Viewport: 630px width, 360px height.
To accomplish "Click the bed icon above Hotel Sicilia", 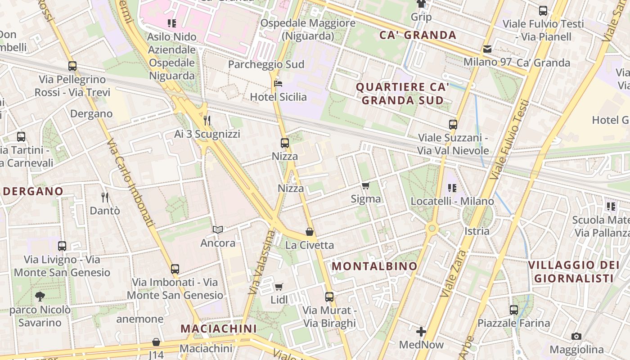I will (278, 84).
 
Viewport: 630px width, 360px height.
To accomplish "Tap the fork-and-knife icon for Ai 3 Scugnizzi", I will (207, 121).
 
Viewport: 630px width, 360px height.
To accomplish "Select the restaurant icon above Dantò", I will (105, 197).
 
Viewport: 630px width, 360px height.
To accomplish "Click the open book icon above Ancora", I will (218, 230).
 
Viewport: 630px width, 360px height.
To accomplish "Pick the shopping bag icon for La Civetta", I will (310, 232).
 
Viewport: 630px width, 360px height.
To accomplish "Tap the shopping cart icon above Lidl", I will (279, 287).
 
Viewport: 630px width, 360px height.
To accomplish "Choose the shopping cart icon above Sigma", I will (366, 185).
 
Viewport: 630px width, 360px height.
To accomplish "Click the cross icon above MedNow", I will (421, 332).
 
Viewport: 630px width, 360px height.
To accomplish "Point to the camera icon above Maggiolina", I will (576, 336).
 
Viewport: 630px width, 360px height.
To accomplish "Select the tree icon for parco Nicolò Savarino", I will (40, 297).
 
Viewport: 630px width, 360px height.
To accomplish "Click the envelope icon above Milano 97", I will (487, 49).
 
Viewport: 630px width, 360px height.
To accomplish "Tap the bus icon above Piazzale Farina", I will (514, 310).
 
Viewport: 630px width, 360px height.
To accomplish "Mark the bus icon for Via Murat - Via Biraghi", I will (329, 297).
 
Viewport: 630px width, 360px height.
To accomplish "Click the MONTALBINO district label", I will (375, 266).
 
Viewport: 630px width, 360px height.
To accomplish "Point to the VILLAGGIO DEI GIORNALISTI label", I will (574, 271).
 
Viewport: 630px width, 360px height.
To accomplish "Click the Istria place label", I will (477, 231).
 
